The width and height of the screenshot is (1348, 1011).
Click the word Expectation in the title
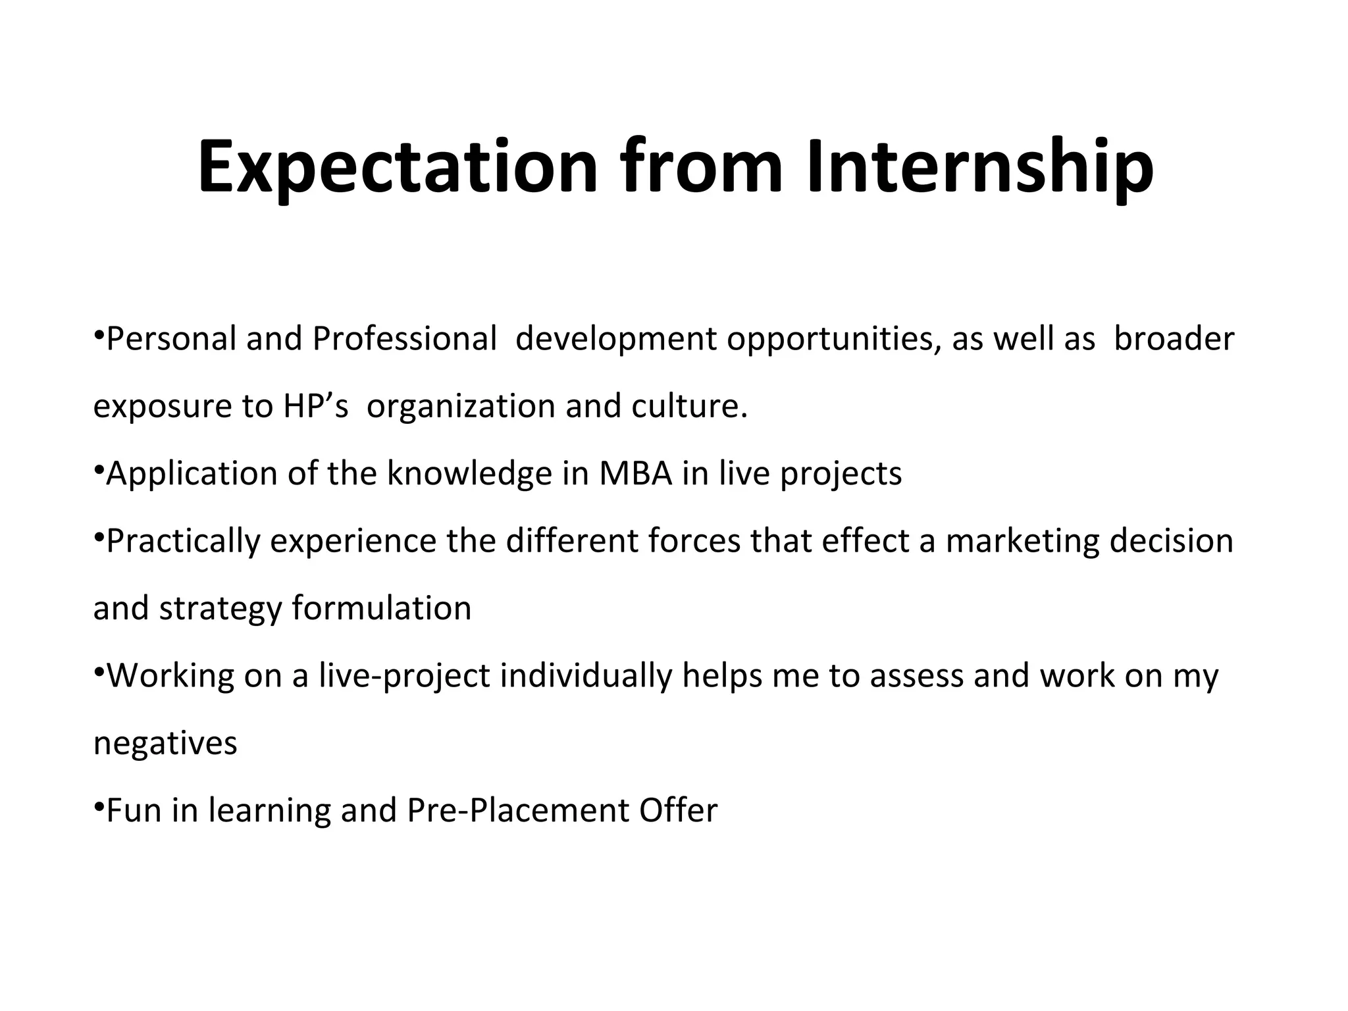[x=398, y=168]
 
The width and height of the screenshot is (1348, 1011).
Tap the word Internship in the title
[x=980, y=168]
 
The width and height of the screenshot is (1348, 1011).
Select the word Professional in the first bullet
[x=404, y=339]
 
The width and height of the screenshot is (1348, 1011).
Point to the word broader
[x=1174, y=339]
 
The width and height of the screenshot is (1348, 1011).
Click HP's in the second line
[x=315, y=406]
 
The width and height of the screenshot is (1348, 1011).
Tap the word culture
[x=689, y=406]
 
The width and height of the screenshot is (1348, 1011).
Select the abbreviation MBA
[x=635, y=474]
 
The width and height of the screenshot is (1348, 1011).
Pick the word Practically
[x=183, y=542]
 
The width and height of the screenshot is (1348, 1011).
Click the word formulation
[x=382, y=608]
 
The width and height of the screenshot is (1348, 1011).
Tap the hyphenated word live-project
[x=404, y=677]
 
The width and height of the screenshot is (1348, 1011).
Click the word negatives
[x=165, y=744]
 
